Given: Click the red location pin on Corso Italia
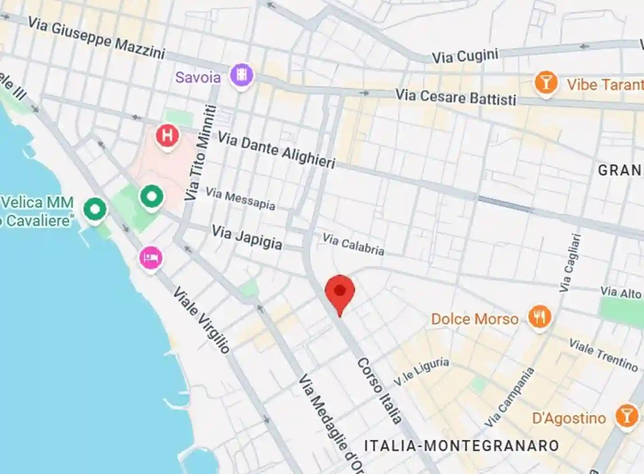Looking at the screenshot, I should [x=340, y=292].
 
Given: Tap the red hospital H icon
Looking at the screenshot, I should [x=167, y=135].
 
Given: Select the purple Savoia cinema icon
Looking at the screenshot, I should [x=241, y=75].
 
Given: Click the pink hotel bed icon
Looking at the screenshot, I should [x=151, y=258].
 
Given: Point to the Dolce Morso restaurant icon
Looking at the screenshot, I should [x=539, y=317].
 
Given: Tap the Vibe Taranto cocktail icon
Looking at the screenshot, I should [x=546, y=83].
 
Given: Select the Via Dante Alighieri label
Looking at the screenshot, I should [x=276, y=150].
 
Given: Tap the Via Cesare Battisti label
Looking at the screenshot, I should [x=455, y=97].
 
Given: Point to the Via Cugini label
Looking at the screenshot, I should [x=465, y=56].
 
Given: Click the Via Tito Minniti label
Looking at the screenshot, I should [x=201, y=153].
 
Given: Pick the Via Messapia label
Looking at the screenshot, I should [x=240, y=199].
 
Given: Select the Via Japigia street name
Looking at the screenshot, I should [x=247, y=237].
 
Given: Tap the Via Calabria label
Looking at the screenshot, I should [x=353, y=244].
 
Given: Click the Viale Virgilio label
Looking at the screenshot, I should [x=202, y=319].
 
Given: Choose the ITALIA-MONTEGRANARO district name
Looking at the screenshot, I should [x=461, y=446].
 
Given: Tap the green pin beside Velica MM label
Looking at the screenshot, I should [x=95, y=209].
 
